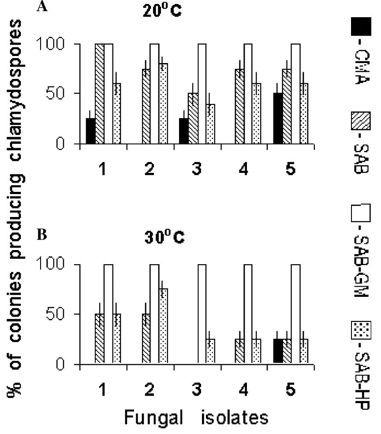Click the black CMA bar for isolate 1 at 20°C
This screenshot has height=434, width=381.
point(90,131)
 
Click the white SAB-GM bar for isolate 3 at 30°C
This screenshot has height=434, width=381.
point(202,314)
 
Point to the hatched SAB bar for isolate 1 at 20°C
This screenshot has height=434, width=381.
point(100,94)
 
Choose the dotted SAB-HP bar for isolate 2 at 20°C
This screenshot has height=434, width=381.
point(164,104)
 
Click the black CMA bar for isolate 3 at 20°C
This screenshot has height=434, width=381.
point(183,131)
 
